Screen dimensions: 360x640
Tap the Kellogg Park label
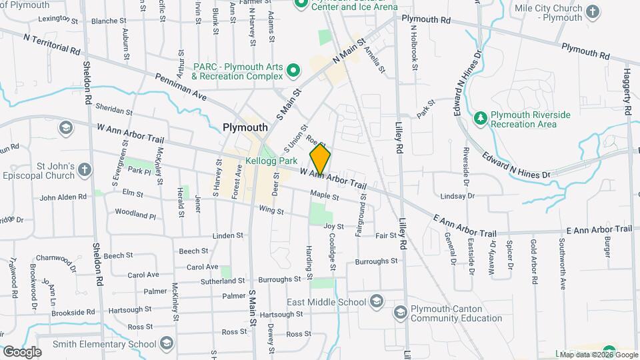[x=270, y=161]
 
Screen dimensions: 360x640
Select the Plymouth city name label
[x=245, y=127]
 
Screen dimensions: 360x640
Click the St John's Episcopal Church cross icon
[x=84, y=170]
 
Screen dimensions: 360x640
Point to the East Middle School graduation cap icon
[x=376, y=301]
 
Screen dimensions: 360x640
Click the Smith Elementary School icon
[x=166, y=344]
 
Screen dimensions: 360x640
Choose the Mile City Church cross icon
[x=592, y=11]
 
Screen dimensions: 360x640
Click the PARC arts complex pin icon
[x=291, y=70]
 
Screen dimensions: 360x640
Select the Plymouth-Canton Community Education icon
[x=400, y=312]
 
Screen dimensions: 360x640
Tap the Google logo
[x=22, y=351]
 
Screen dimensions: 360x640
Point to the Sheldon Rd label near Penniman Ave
[x=87, y=83]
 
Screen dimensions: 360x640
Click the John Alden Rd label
[x=63, y=197]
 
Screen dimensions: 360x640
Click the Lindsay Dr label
[x=457, y=196]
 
